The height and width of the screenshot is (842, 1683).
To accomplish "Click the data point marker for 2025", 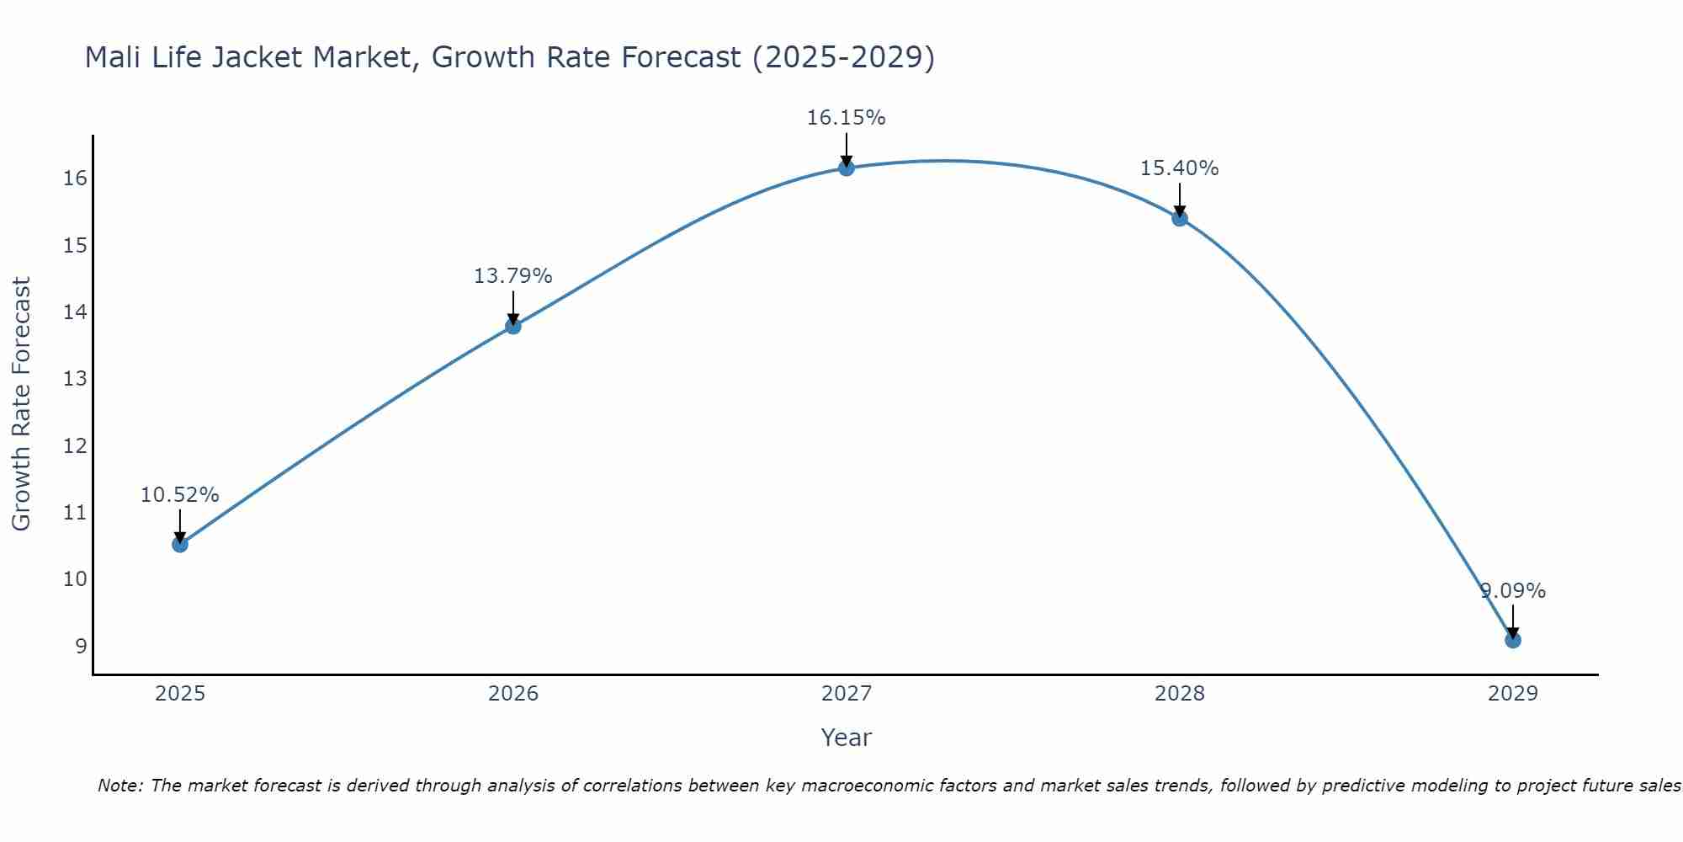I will click(180, 544).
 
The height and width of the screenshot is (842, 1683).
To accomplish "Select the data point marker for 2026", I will click(513, 326).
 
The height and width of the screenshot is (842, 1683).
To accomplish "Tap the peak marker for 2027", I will click(847, 168).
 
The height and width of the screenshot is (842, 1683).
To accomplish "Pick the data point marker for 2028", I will click(1180, 218).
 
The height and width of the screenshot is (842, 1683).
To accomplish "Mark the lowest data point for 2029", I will click(1513, 640).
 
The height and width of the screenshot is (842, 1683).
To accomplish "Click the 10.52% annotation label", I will click(180, 495).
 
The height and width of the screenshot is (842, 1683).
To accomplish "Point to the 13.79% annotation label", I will click(513, 276).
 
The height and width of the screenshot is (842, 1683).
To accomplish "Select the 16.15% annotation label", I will click(847, 118).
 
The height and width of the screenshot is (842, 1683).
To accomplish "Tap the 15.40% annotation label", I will click(1180, 168).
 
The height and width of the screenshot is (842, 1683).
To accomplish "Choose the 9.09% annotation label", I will click(1513, 591).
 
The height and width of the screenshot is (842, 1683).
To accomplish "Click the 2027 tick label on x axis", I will click(847, 694).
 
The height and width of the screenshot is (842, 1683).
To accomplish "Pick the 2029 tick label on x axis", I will click(1513, 694).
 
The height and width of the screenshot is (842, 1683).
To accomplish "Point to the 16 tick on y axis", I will click(76, 179).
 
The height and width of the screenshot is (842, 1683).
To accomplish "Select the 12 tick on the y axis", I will click(76, 445).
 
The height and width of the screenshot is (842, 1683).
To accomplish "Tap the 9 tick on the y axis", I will click(81, 646).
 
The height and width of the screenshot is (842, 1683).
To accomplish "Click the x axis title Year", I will click(847, 738).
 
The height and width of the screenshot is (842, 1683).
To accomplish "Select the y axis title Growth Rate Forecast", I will click(21, 404).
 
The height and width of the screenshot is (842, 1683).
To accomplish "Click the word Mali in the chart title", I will click(112, 57).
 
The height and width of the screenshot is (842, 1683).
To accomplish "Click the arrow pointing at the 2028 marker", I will click(1180, 200).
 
